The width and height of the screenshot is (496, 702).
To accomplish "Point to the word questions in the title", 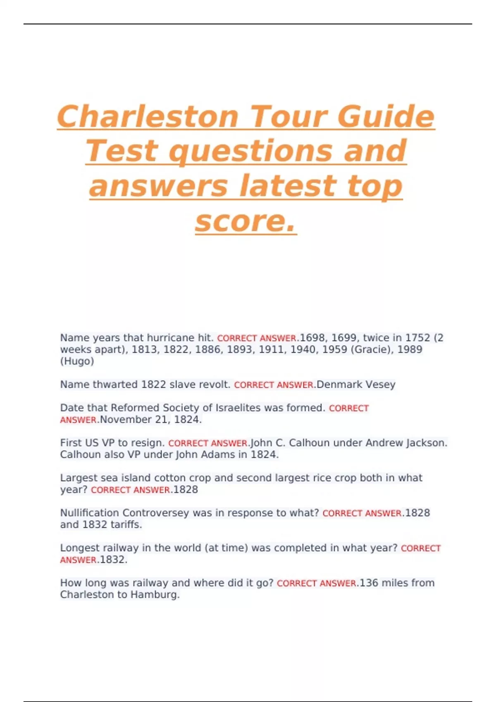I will (x=251, y=151).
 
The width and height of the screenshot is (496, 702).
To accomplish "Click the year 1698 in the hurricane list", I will (x=312, y=338).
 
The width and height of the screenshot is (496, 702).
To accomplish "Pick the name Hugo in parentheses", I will (x=77, y=361).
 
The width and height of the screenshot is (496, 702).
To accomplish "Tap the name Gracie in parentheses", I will (x=372, y=350).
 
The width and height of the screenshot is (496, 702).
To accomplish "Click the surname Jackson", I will (x=430, y=443).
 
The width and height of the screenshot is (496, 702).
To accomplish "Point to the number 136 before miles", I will (x=369, y=583).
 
